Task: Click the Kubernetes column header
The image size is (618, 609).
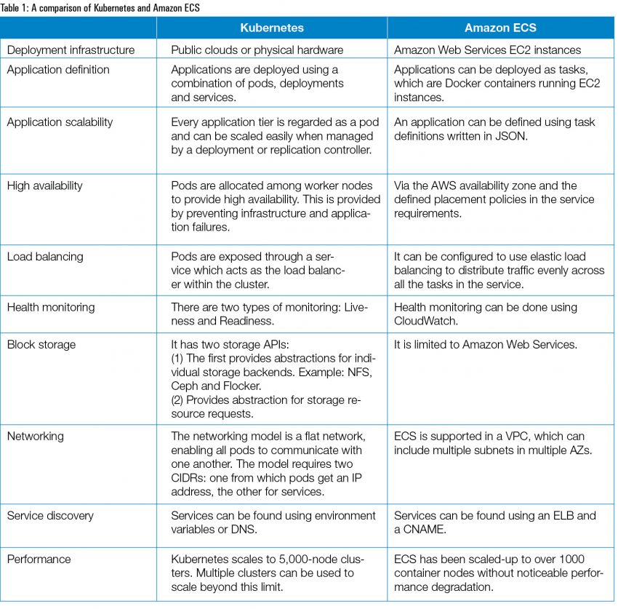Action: [x=272, y=28]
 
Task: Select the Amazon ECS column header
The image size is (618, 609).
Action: [x=500, y=28]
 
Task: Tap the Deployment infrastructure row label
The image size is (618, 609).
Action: [x=71, y=50]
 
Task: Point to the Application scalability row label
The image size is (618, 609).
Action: [x=60, y=122]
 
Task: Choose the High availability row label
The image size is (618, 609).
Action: [x=44, y=186]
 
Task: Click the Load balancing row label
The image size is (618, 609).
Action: [x=45, y=256]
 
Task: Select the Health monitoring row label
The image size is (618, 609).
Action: [x=51, y=307]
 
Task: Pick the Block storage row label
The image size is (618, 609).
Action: [x=41, y=344]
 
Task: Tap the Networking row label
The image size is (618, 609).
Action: [x=36, y=436]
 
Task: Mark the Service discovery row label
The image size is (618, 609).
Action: [x=51, y=515]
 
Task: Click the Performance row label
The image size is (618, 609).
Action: [x=39, y=559]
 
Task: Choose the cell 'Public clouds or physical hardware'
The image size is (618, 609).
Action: [x=257, y=50]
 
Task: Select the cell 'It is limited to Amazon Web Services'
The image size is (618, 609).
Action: [x=486, y=344]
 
